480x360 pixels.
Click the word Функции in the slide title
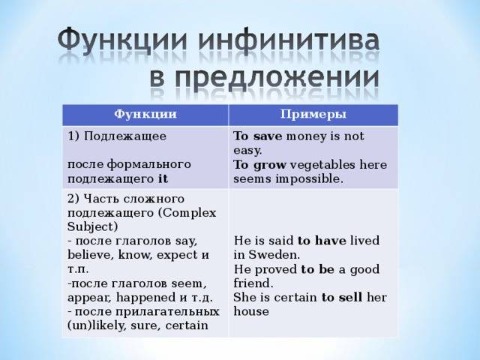point(122,40)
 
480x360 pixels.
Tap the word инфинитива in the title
point(289,40)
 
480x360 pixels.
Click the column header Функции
point(145,114)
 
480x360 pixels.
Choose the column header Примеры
point(313,114)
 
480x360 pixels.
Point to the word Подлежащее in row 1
point(125,136)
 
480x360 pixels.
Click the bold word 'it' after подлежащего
point(163,178)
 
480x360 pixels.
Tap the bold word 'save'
point(268,136)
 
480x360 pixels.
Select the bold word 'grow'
point(270,165)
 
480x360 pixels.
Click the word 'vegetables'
point(322,165)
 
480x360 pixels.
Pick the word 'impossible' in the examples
point(308,179)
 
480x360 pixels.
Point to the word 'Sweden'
point(272,255)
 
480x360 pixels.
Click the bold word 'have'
point(330,241)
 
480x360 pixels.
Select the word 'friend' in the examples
point(251,283)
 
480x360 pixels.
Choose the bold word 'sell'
point(350,297)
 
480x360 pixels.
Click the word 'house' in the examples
point(251,312)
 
